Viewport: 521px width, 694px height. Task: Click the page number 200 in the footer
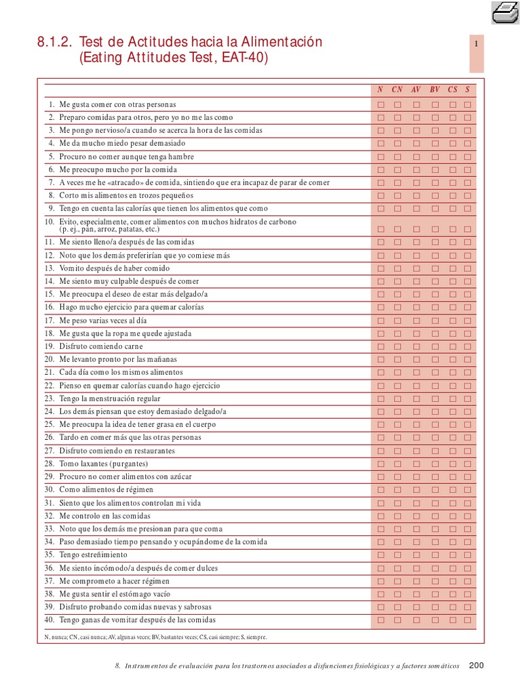coord(476,666)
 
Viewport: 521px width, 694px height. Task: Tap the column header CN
coord(398,89)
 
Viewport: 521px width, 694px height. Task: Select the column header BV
coord(435,89)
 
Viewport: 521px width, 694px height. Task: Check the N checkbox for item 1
coord(381,104)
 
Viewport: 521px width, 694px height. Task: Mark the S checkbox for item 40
coord(467,620)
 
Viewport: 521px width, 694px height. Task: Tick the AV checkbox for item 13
coord(417,268)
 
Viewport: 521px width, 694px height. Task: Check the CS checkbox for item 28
coord(452,464)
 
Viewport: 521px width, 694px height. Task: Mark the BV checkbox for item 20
coord(435,360)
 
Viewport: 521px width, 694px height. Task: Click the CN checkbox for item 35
coord(398,556)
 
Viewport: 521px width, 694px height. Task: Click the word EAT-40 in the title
coord(244,58)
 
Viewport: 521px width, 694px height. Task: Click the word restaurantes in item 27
coord(151,451)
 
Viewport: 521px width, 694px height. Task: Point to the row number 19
coord(50,346)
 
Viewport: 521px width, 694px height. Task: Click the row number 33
coord(50,529)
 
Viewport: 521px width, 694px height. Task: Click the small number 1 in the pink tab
coord(477,44)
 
